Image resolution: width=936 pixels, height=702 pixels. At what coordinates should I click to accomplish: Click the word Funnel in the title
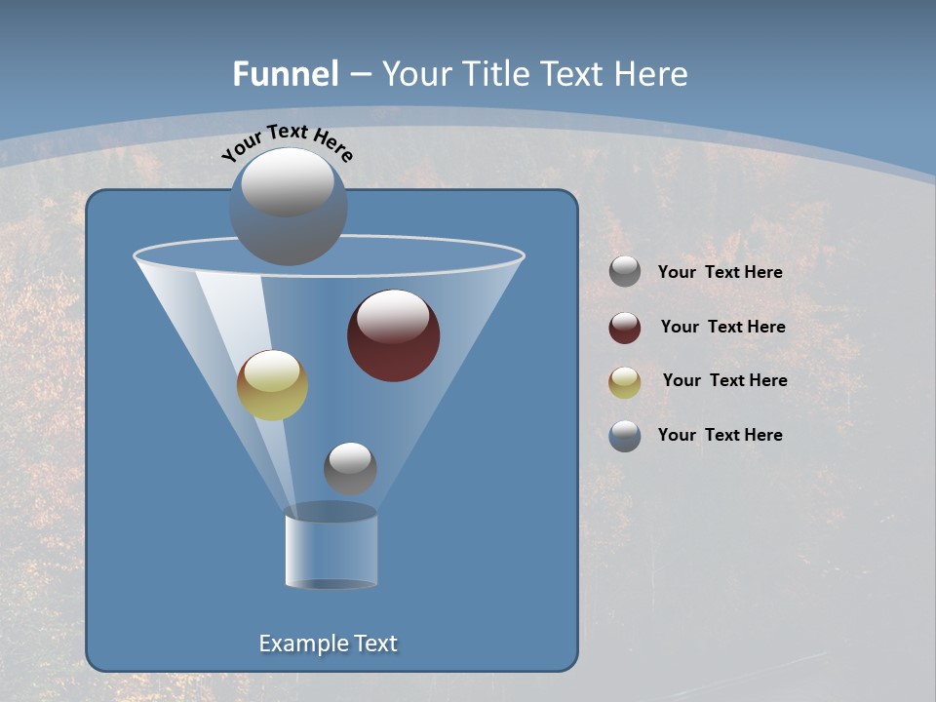[286, 74]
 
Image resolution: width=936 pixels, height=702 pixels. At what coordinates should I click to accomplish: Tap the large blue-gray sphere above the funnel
[289, 207]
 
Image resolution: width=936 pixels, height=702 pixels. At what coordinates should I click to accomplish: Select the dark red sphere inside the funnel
[394, 336]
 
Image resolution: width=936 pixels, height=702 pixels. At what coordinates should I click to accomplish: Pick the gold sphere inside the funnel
[273, 385]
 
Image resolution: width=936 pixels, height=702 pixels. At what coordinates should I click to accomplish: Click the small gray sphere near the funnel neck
[350, 468]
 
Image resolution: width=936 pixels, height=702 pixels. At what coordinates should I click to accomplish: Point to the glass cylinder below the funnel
[331, 551]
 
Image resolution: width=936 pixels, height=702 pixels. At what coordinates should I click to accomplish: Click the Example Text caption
[329, 643]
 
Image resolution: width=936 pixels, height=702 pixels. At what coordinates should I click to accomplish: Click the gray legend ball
[625, 272]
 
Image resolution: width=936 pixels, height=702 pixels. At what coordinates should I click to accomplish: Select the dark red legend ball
[625, 328]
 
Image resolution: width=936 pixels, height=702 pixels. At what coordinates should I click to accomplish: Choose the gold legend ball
[625, 382]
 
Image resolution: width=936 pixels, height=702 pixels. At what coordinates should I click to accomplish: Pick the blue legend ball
[625, 436]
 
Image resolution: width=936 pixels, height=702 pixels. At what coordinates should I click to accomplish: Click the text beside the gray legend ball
[720, 272]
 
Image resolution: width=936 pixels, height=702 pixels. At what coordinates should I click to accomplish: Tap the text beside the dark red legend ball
[722, 327]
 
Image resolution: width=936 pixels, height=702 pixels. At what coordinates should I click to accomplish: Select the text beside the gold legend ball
[724, 380]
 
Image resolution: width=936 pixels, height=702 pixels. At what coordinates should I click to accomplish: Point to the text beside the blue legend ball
[720, 435]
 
